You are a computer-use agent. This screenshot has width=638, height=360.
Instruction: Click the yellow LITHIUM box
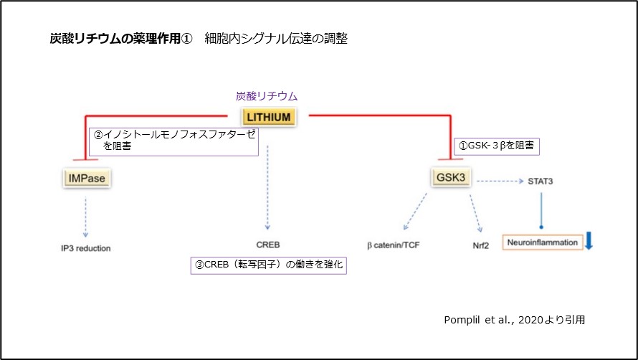pos(268,117)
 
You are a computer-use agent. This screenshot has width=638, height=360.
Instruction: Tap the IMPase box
pos(86,176)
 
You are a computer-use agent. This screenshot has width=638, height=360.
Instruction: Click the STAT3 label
pos(541,181)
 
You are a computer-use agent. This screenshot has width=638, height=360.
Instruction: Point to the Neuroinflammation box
pos(542,242)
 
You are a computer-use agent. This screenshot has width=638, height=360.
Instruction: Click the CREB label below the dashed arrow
pos(268,245)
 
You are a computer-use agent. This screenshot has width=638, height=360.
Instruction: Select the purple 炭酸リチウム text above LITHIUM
pos(267,95)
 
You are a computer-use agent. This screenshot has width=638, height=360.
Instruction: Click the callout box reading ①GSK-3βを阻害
pos(497,146)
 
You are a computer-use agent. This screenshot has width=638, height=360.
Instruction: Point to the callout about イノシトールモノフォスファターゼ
pos(174,140)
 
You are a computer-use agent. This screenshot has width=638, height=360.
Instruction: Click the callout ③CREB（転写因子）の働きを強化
pos(268,265)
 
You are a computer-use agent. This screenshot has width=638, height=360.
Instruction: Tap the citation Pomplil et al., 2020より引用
pos(515,320)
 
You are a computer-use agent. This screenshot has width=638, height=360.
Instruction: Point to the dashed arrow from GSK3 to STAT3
pos(499,181)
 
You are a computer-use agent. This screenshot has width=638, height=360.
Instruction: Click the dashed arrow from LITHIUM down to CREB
pos(267,186)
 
